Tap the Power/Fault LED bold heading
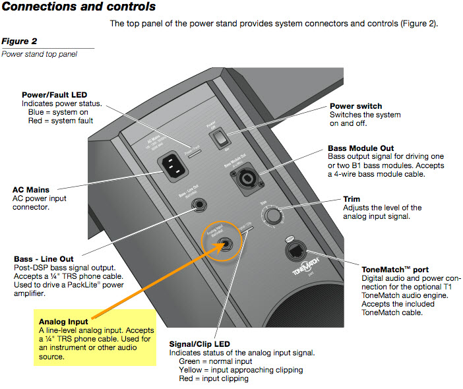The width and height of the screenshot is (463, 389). pyautogui.click(x=54, y=95)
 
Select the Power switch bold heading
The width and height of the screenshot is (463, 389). pyautogui.click(x=355, y=105)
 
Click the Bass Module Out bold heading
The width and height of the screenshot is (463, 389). pyautogui.click(x=365, y=148)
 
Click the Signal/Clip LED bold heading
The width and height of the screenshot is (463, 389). pyautogui.click(x=199, y=344)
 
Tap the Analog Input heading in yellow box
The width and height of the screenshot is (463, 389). pyautogui.click(x=63, y=321)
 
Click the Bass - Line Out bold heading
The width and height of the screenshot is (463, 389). pyautogui.click(x=44, y=258)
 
